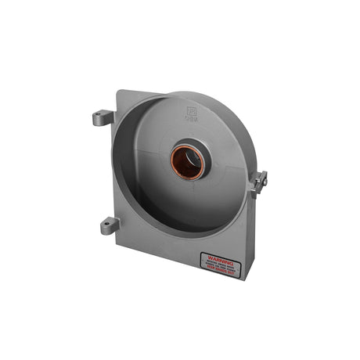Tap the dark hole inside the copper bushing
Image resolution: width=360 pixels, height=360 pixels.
(x=188, y=161)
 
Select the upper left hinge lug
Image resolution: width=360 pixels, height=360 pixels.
(x=103, y=118)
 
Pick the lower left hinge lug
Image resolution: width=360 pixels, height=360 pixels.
(x=109, y=226)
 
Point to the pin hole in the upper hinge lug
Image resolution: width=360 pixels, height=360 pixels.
(x=99, y=120)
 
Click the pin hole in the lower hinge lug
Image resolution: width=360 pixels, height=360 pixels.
(x=106, y=228)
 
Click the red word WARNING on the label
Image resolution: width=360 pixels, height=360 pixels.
(x=216, y=255)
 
